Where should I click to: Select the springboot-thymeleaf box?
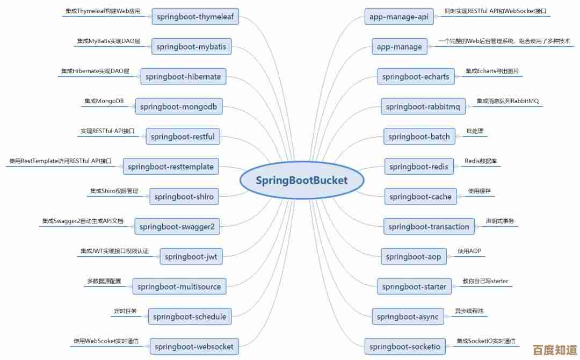pos(195,17)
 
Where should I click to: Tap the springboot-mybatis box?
pos(192,47)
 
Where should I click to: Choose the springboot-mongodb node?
pos(178,106)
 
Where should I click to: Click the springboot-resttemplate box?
pos(170,167)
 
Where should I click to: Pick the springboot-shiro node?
pos(184,197)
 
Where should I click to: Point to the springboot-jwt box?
pos(191,256)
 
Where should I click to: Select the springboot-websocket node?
pos(194,347)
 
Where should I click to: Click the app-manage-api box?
pos(399,17)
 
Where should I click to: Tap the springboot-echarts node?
pos(415,77)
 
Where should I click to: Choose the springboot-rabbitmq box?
pos(423,107)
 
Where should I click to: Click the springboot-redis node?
pos(418,167)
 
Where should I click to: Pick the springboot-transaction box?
pos(429,227)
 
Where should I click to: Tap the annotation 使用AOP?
pos(469,251)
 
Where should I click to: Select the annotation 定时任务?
pos(125,311)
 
